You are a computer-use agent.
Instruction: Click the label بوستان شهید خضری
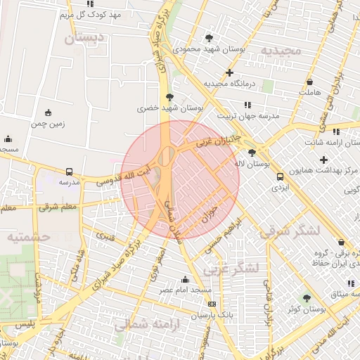pyautogui.click(x=169, y=109)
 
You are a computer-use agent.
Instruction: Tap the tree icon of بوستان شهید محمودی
pyautogui.click(x=209, y=37)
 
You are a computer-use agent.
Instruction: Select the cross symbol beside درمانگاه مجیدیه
pyautogui.click(x=230, y=73)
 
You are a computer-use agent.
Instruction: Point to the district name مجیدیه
pyautogui.click(x=281, y=51)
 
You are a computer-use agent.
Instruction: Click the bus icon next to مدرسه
pyautogui.click(x=69, y=172)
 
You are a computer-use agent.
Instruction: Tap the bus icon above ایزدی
pyautogui.click(x=280, y=177)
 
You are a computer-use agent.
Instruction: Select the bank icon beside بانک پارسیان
pyautogui.click(x=212, y=304)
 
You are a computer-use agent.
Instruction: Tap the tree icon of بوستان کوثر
pyautogui.click(x=306, y=298)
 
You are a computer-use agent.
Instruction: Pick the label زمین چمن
pyautogui.click(x=47, y=124)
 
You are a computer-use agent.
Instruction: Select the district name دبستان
pyautogui.click(x=84, y=38)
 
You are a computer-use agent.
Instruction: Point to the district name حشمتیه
pyautogui.click(x=30, y=237)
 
